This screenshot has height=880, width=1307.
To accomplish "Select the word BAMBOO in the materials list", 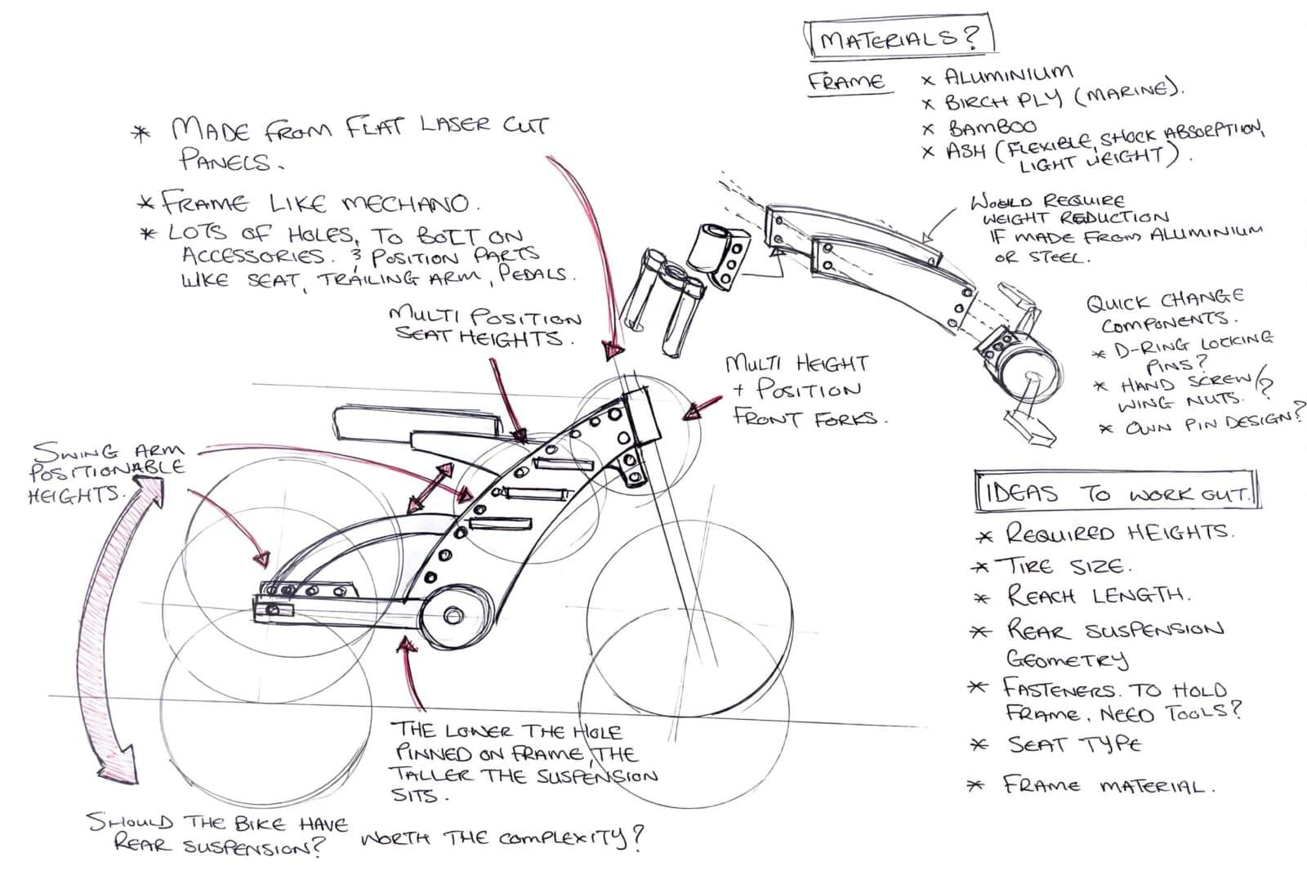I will tap(992, 127).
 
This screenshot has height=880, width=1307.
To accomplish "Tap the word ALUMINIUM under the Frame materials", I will tap(1008, 76).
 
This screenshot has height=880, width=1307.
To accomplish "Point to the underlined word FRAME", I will tap(846, 82).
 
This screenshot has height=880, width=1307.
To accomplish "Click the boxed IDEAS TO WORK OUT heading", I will tap(1115, 493).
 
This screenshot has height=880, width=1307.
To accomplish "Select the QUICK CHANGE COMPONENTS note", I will tap(1165, 310).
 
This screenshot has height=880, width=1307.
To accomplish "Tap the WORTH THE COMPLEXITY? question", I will tap(502, 839).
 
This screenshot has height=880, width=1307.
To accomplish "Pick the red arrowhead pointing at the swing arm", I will tap(261, 559).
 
